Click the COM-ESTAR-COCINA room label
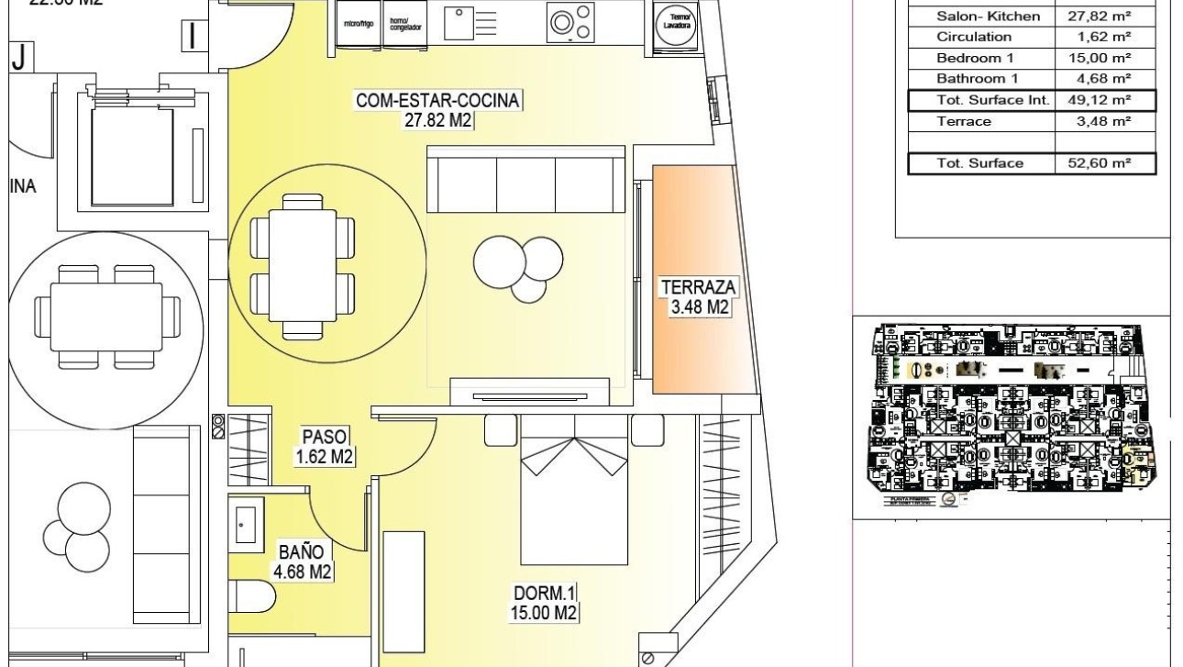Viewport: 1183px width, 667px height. [439, 109]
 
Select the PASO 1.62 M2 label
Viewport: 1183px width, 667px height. [325, 448]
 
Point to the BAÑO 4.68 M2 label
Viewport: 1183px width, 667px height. [302, 562]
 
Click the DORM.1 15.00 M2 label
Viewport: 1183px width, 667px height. [546, 604]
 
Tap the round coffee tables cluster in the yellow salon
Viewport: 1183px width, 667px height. [518, 265]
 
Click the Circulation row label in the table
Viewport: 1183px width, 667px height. [974, 37]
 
